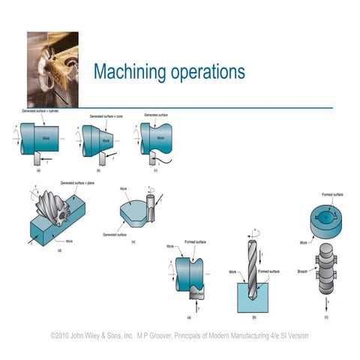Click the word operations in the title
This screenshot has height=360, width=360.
[203, 73]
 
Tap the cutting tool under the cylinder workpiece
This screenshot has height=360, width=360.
[37, 160]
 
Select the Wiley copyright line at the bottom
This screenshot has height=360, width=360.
[179, 336]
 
